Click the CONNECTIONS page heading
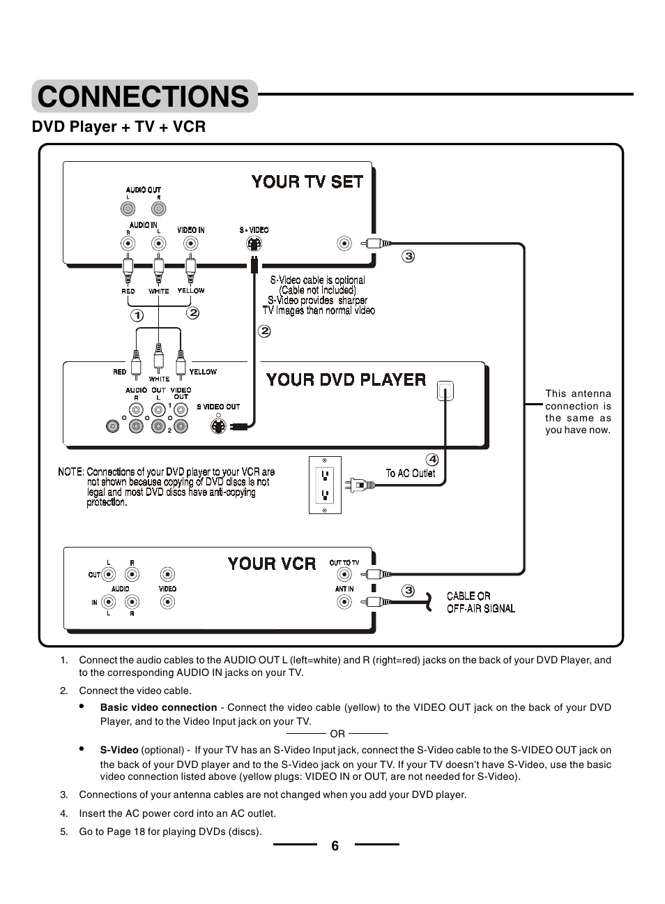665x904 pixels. point(144,96)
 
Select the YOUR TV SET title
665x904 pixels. point(307,182)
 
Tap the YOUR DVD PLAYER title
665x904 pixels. point(346,380)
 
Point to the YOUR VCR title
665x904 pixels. point(271,564)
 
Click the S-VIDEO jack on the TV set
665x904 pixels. point(254,244)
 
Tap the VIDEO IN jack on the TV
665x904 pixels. point(190,243)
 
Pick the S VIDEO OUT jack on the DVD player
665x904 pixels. point(219,426)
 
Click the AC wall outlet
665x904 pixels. point(325,485)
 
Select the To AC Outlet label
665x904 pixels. point(411,473)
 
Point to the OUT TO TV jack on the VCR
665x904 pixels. point(344,574)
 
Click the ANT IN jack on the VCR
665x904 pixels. point(344,601)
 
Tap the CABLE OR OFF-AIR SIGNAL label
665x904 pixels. point(480,602)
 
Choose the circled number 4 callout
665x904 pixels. point(432,459)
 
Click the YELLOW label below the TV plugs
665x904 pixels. point(191,291)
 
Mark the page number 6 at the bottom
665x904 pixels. point(335,845)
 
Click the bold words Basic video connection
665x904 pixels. point(158,707)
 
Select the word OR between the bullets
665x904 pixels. point(337,734)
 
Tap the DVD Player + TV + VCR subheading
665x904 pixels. point(119,127)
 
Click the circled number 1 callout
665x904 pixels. point(137,315)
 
